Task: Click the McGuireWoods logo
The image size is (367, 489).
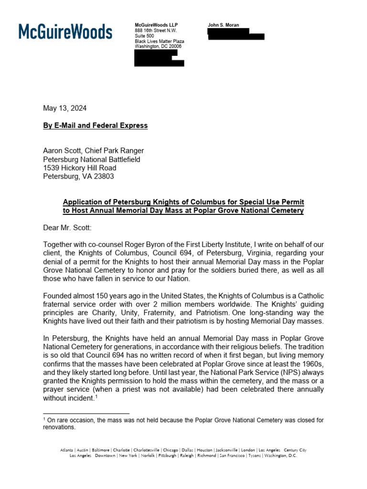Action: click(65, 32)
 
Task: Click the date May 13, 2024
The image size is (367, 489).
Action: click(65, 108)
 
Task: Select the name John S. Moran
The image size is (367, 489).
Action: click(224, 24)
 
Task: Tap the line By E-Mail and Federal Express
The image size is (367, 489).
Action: click(96, 126)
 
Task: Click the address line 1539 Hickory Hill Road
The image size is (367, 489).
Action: click(80, 168)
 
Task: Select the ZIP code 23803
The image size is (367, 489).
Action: click(105, 177)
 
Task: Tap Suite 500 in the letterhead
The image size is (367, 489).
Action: click(144, 36)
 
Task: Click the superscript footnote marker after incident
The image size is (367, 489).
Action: click(95, 396)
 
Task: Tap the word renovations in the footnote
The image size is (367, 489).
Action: click(59, 427)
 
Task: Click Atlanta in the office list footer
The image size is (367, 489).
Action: click(67, 450)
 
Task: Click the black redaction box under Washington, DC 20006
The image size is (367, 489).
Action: click(159, 58)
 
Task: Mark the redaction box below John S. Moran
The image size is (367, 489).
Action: click(235, 33)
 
